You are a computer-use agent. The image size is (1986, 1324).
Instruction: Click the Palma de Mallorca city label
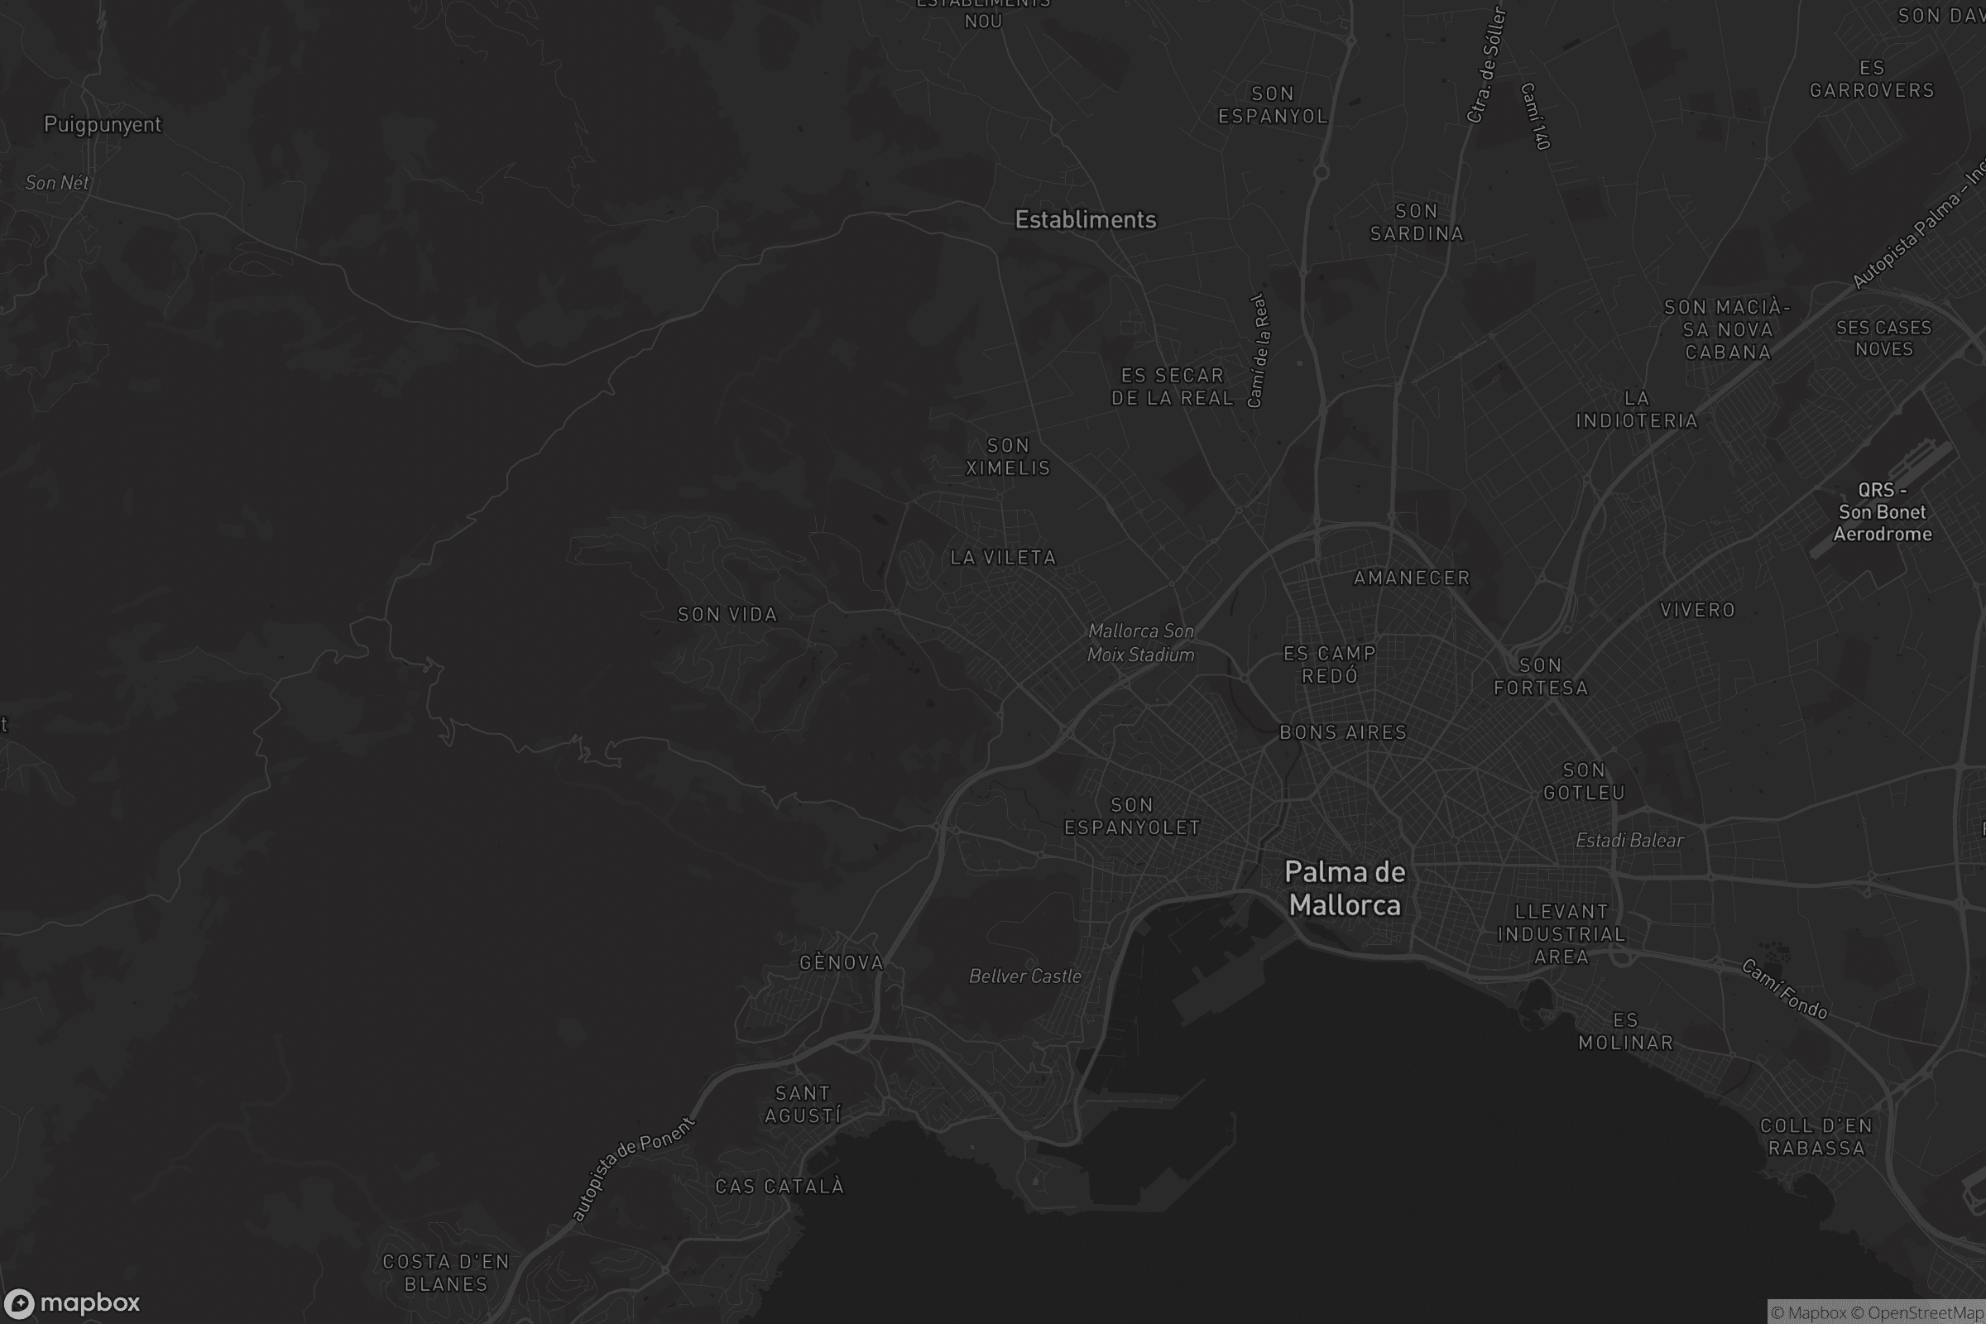pyautogui.click(x=1344, y=888)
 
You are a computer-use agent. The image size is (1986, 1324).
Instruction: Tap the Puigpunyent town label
pyautogui.click(x=102, y=124)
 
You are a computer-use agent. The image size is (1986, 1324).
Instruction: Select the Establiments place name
pyautogui.click(x=1085, y=219)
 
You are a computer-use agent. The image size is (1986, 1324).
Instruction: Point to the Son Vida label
pyautogui.click(x=727, y=615)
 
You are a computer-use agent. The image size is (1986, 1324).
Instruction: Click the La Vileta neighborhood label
pyautogui.click(x=1003, y=557)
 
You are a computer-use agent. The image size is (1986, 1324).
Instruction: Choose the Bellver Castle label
pyautogui.click(x=1025, y=976)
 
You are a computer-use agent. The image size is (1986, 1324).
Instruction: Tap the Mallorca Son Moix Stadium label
pyautogui.click(x=1141, y=643)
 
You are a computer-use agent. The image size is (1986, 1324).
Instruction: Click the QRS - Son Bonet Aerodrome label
pyautogui.click(x=1882, y=511)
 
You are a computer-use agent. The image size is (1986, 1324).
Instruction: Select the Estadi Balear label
pyautogui.click(x=1629, y=840)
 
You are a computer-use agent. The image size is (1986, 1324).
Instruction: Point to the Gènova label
pyautogui.click(x=841, y=962)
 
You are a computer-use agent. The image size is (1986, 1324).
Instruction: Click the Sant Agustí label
pyautogui.click(x=802, y=1105)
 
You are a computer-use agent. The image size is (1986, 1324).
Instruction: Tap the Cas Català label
pyautogui.click(x=780, y=1187)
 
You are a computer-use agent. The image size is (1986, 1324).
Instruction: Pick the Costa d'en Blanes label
pyautogui.click(x=446, y=1273)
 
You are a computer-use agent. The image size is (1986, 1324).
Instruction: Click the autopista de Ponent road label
pyautogui.click(x=632, y=1168)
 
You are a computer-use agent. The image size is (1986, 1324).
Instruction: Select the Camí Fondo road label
pyautogui.click(x=1785, y=989)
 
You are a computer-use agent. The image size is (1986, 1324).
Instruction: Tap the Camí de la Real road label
pyautogui.click(x=1258, y=350)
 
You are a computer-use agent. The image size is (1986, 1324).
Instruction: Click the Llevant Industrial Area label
pyautogui.click(x=1561, y=934)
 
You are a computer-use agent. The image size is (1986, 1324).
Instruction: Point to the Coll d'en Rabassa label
pyautogui.click(x=1816, y=1136)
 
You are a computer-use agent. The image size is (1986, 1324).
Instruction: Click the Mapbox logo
pyautogui.click(x=71, y=1302)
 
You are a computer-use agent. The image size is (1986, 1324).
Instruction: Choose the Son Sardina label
pyautogui.click(x=1416, y=222)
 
